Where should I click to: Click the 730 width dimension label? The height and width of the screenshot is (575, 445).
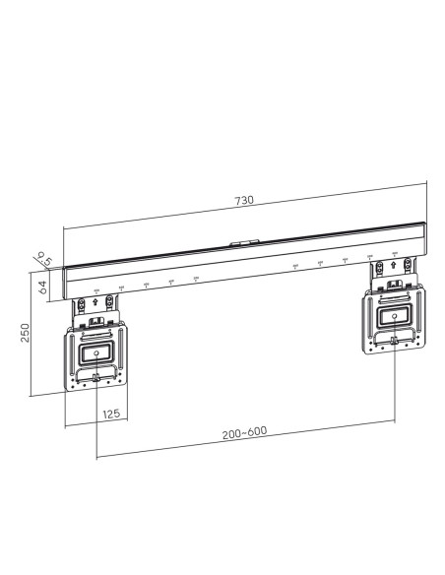[244, 200]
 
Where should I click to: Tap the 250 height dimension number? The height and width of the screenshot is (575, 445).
[25, 333]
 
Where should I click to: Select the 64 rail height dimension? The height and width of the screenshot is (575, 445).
[42, 287]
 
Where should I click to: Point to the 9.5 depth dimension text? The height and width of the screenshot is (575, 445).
[45, 260]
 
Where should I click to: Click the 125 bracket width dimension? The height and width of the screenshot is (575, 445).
[111, 414]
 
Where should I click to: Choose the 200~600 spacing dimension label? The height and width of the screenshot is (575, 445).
[244, 432]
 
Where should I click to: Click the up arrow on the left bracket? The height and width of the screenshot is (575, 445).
[95, 302]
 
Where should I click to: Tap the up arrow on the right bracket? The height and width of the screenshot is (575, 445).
[394, 264]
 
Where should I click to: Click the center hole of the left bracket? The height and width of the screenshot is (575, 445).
[96, 353]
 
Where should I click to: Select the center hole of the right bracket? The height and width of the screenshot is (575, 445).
[394, 316]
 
